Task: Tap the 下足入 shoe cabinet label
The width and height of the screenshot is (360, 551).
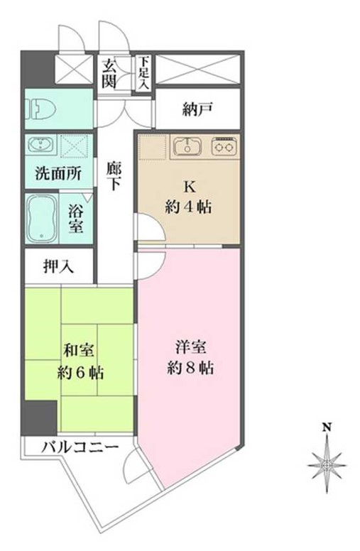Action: [144, 72]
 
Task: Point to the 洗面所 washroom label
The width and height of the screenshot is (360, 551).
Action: [59, 173]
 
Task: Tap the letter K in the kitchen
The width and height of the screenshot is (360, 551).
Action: [189, 187]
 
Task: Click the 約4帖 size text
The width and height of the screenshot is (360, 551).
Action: [189, 208]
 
